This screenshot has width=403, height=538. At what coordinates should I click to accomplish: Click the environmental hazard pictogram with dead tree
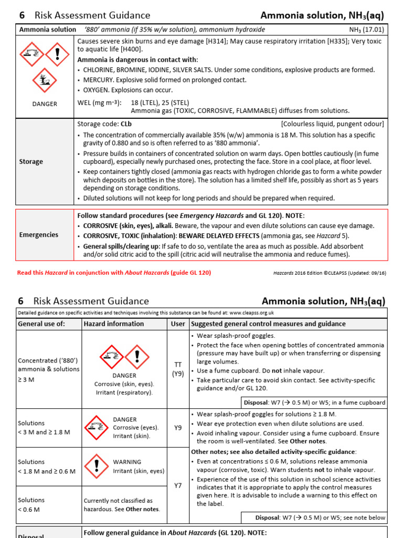44,81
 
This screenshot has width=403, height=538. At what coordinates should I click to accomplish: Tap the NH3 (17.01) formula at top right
366,29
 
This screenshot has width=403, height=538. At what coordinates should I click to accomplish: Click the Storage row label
31,161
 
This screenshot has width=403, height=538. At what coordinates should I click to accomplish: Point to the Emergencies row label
38,234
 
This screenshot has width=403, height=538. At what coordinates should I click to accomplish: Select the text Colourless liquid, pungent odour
332,125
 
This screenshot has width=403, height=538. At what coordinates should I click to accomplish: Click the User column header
177,324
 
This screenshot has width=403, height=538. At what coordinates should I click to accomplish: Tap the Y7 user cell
177,485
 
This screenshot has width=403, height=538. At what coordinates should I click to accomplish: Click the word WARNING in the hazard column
127,462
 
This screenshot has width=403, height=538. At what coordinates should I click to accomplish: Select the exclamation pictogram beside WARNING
96,466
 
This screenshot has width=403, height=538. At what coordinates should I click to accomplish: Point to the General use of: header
41,324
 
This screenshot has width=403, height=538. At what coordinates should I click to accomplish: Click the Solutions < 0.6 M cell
31,504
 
